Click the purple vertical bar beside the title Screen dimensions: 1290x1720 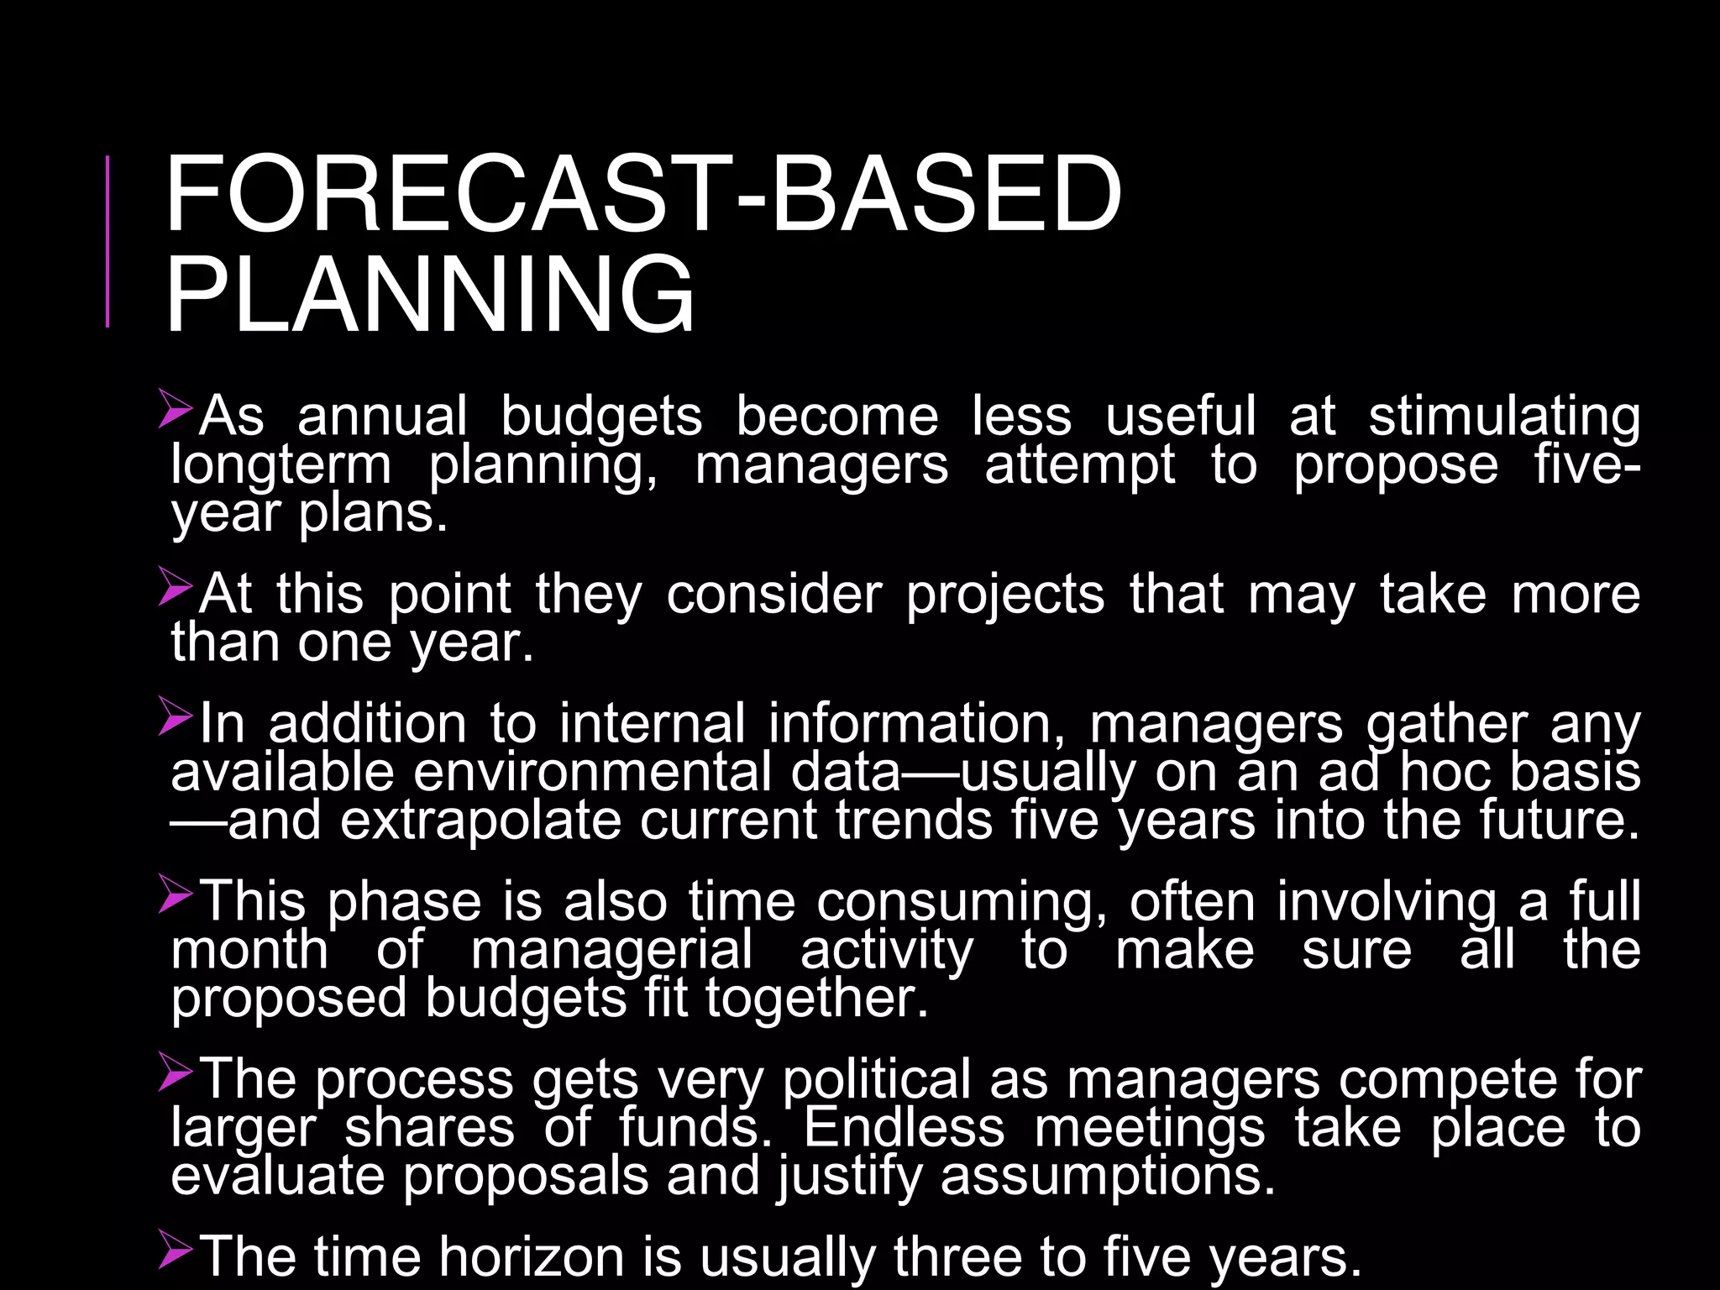pyautogui.click(x=107, y=241)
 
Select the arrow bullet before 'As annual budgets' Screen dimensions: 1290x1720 pyautogui.click(x=176, y=409)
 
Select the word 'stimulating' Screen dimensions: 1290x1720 pyautogui.click(x=1504, y=417)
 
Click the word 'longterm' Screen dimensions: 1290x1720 pyautogui.click(x=281, y=466)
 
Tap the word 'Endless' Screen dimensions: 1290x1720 pyautogui.click(x=905, y=1128)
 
